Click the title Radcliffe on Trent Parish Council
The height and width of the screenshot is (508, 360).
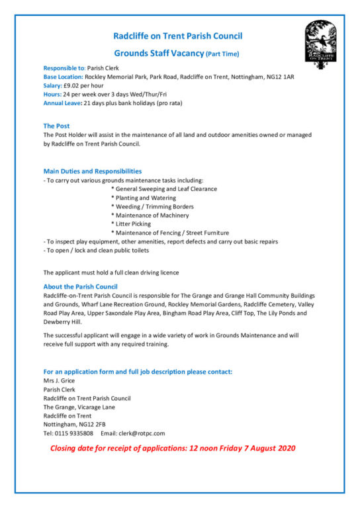(x=177, y=36)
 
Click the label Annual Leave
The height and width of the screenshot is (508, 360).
(x=62, y=103)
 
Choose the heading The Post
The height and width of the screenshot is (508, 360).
(x=56, y=126)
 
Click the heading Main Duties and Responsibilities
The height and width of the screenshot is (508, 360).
(x=92, y=171)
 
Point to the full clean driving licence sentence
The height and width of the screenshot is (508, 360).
(x=111, y=273)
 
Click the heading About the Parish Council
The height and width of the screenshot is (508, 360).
(x=80, y=286)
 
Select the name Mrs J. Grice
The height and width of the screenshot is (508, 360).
(x=59, y=380)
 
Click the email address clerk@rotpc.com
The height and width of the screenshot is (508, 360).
(x=142, y=433)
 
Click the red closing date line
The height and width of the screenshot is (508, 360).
(x=173, y=448)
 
